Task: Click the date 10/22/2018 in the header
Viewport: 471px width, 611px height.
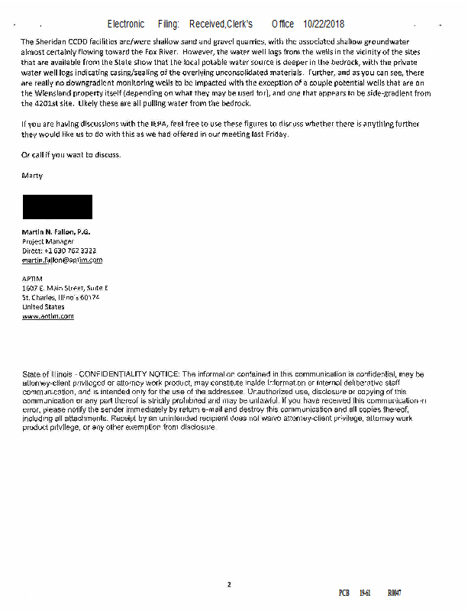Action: coord(324,24)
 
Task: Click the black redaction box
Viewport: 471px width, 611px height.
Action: coord(57,207)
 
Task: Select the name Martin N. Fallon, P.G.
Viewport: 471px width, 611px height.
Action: coord(56,231)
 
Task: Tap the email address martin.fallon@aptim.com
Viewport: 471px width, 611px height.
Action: coord(62,260)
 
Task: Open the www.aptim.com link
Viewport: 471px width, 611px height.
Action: coord(48,316)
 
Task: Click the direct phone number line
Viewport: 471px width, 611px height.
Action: coord(59,251)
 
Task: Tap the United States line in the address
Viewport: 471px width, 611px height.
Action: coord(44,307)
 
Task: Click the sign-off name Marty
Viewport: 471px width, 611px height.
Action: coord(32,176)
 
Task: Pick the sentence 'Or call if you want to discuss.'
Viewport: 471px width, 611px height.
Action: coord(71,155)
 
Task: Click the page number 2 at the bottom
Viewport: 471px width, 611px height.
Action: coord(228,585)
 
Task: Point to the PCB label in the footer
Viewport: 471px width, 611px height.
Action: coord(344,593)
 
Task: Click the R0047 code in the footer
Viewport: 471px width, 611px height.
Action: coord(394,593)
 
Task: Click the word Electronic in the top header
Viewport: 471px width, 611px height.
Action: coord(126,24)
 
